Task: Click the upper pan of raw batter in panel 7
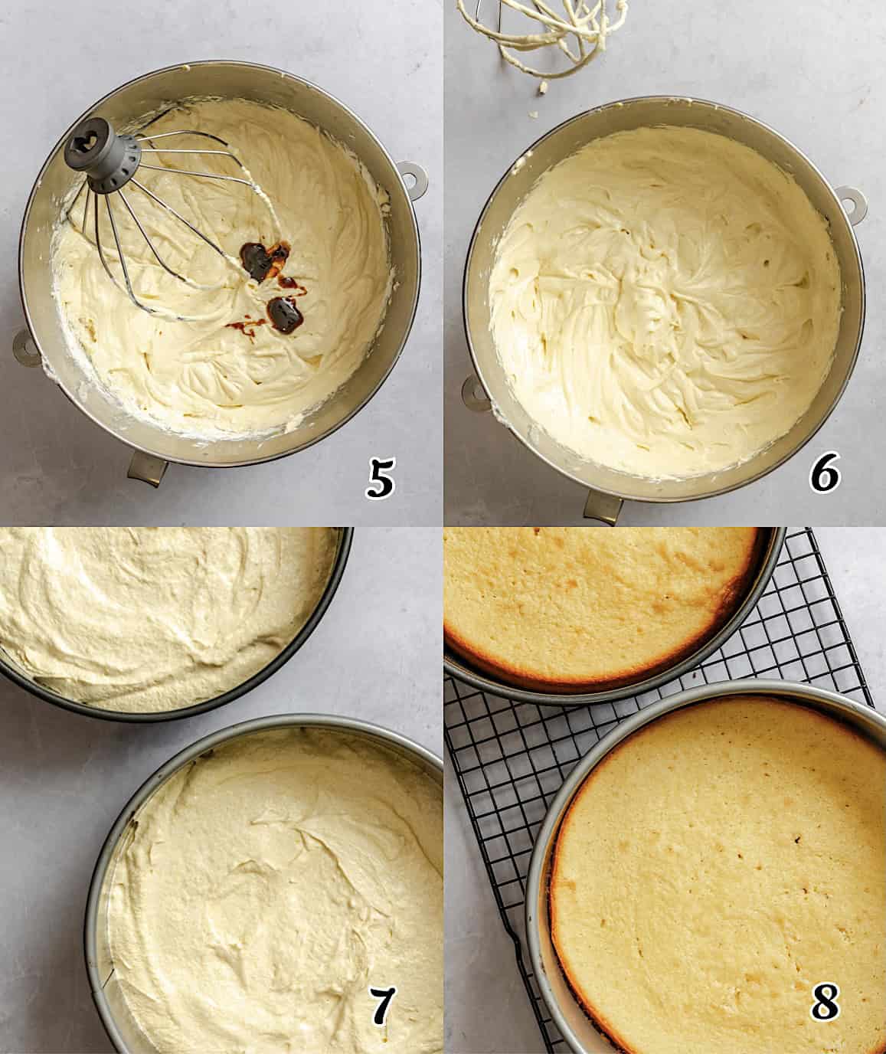(161, 613)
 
